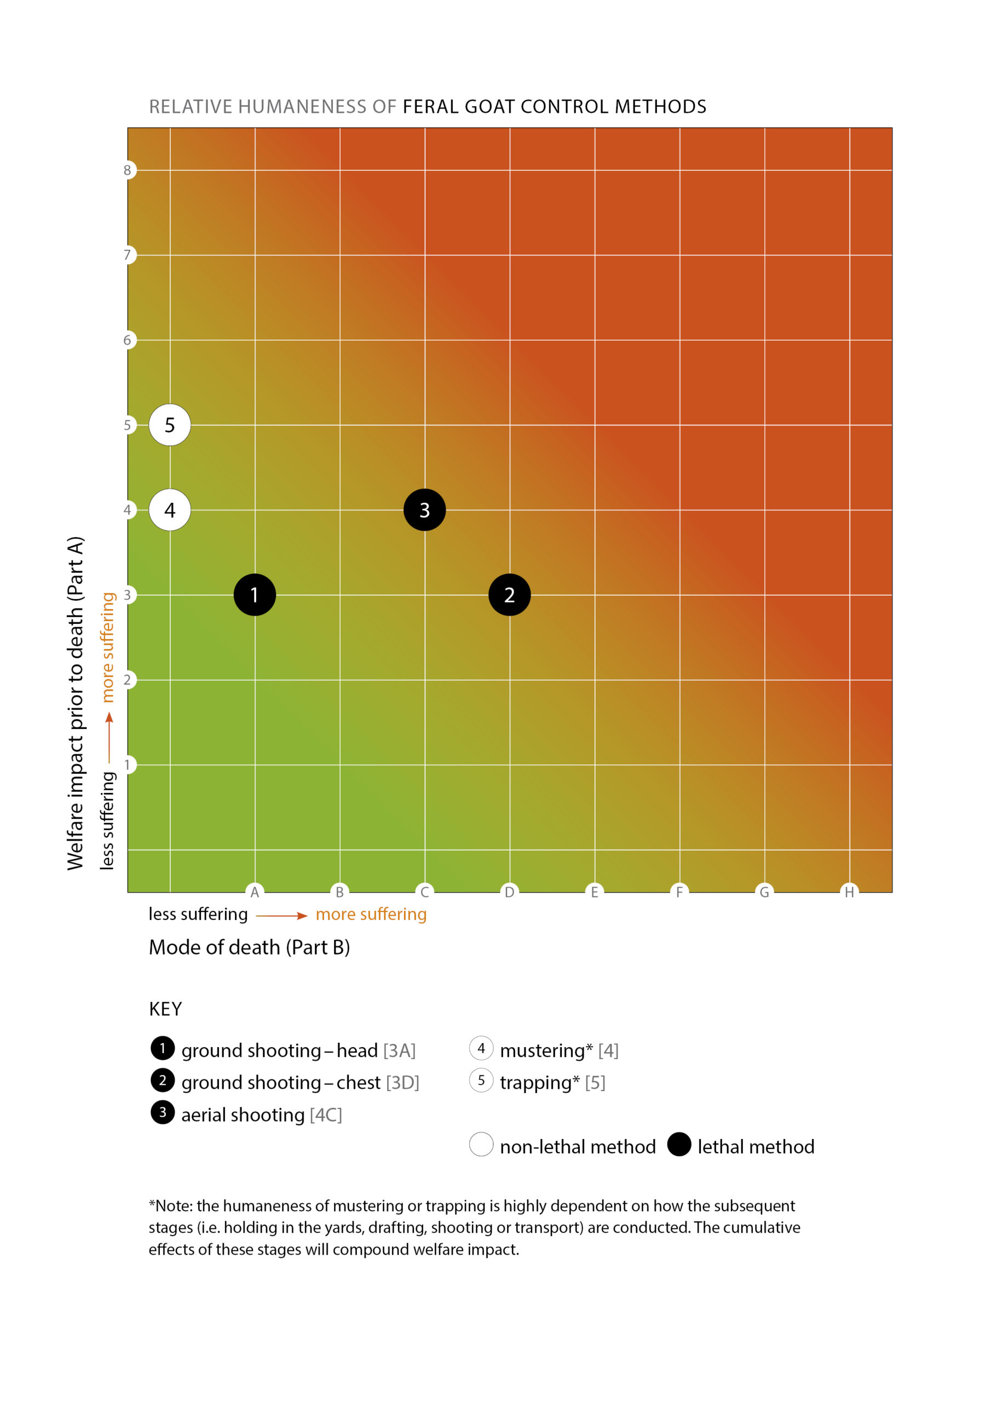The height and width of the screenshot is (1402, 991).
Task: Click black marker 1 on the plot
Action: pyautogui.click(x=255, y=595)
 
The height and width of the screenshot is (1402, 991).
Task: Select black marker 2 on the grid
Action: pyautogui.click(x=509, y=595)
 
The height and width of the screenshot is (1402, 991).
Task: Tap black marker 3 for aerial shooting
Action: pyautogui.click(x=424, y=510)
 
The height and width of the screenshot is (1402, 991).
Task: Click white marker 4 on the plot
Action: pyautogui.click(x=170, y=510)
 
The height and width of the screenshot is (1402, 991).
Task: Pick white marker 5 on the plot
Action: pyautogui.click(x=170, y=425)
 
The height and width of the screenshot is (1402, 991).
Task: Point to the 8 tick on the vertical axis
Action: pyautogui.click(x=127, y=170)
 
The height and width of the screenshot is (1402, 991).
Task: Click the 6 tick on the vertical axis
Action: pyautogui.click(x=127, y=340)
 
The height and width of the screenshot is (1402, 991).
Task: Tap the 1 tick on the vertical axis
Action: pyautogui.click(x=127, y=765)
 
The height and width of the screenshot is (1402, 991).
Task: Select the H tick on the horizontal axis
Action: pyautogui.click(x=849, y=892)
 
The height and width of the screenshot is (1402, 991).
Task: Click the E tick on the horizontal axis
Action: pyautogui.click(x=594, y=892)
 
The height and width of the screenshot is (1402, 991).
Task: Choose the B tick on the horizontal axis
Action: pyautogui.click(x=339, y=892)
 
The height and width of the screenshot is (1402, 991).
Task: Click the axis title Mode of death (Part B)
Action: pyautogui.click(x=249, y=947)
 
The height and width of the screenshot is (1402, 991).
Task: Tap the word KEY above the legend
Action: pyautogui.click(x=165, y=1009)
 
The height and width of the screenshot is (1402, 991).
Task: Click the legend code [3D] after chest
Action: pyautogui.click(x=402, y=1083)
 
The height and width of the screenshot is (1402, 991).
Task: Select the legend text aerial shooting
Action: pyautogui.click(x=243, y=1115)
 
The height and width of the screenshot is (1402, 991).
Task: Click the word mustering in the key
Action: pyautogui.click(x=542, y=1050)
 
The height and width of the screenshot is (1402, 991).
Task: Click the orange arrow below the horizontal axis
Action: pyautogui.click(x=281, y=915)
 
